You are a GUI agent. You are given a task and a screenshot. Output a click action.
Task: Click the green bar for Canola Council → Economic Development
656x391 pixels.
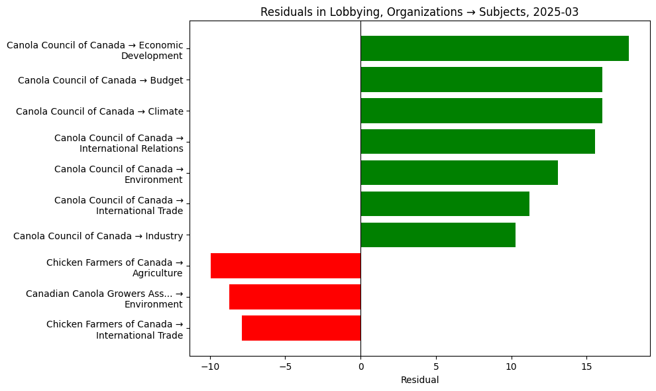pyautogui.click(x=494, y=48)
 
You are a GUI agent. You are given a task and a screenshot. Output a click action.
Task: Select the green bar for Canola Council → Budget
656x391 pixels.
pyautogui.click(x=481, y=80)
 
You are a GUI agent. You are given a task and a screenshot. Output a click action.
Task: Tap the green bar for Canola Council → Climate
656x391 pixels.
pyautogui.click(x=481, y=111)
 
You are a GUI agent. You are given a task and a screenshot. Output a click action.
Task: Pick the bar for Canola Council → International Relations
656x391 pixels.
pyautogui.click(x=478, y=142)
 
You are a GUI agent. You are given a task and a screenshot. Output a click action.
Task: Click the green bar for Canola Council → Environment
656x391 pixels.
pyautogui.click(x=459, y=173)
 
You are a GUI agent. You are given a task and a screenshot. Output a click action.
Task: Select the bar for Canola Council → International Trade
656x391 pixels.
pyautogui.click(x=445, y=204)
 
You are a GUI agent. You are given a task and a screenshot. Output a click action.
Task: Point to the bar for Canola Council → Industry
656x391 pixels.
pyautogui.click(x=438, y=235)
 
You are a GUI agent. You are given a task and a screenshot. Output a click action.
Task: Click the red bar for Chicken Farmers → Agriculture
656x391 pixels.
pyautogui.click(x=286, y=266)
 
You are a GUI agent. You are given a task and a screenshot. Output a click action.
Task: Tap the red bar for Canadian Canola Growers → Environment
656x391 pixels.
pyautogui.click(x=295, y=297)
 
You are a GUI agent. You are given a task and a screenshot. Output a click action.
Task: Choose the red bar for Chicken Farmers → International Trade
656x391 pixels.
pyautogui.click(x=301, y=328)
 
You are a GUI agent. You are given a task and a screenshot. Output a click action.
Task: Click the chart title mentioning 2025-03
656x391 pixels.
pyautogui.click(x=419, y=12)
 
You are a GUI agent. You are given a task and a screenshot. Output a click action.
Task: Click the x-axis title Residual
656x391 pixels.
pyautogui.click(x=419, y=380)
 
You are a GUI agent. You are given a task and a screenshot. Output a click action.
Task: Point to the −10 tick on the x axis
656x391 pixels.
pyautogui.click(x=210, y=366)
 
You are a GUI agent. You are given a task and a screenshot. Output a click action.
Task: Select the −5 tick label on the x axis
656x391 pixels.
pyautogui.click(x=286, y=366)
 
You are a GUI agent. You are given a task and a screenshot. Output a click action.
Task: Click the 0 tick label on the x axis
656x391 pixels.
pyautogui.click(x=360, y=366)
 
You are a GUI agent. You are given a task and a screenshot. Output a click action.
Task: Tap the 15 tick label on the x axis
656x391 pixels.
pyautogui.click(x=586, y=366)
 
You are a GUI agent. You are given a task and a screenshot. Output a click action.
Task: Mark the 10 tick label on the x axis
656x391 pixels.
pyautogui.click(x=511, y=366)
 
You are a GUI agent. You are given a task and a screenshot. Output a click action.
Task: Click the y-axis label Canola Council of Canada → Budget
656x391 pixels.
pyautogui.click(x=100, y=80)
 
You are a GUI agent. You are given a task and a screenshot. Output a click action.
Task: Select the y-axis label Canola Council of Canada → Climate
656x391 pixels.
pyautogui.click(x=99, y=111)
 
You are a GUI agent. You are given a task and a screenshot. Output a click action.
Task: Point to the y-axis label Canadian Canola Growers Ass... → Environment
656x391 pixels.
pyautogui.click(x=104, y=299)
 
